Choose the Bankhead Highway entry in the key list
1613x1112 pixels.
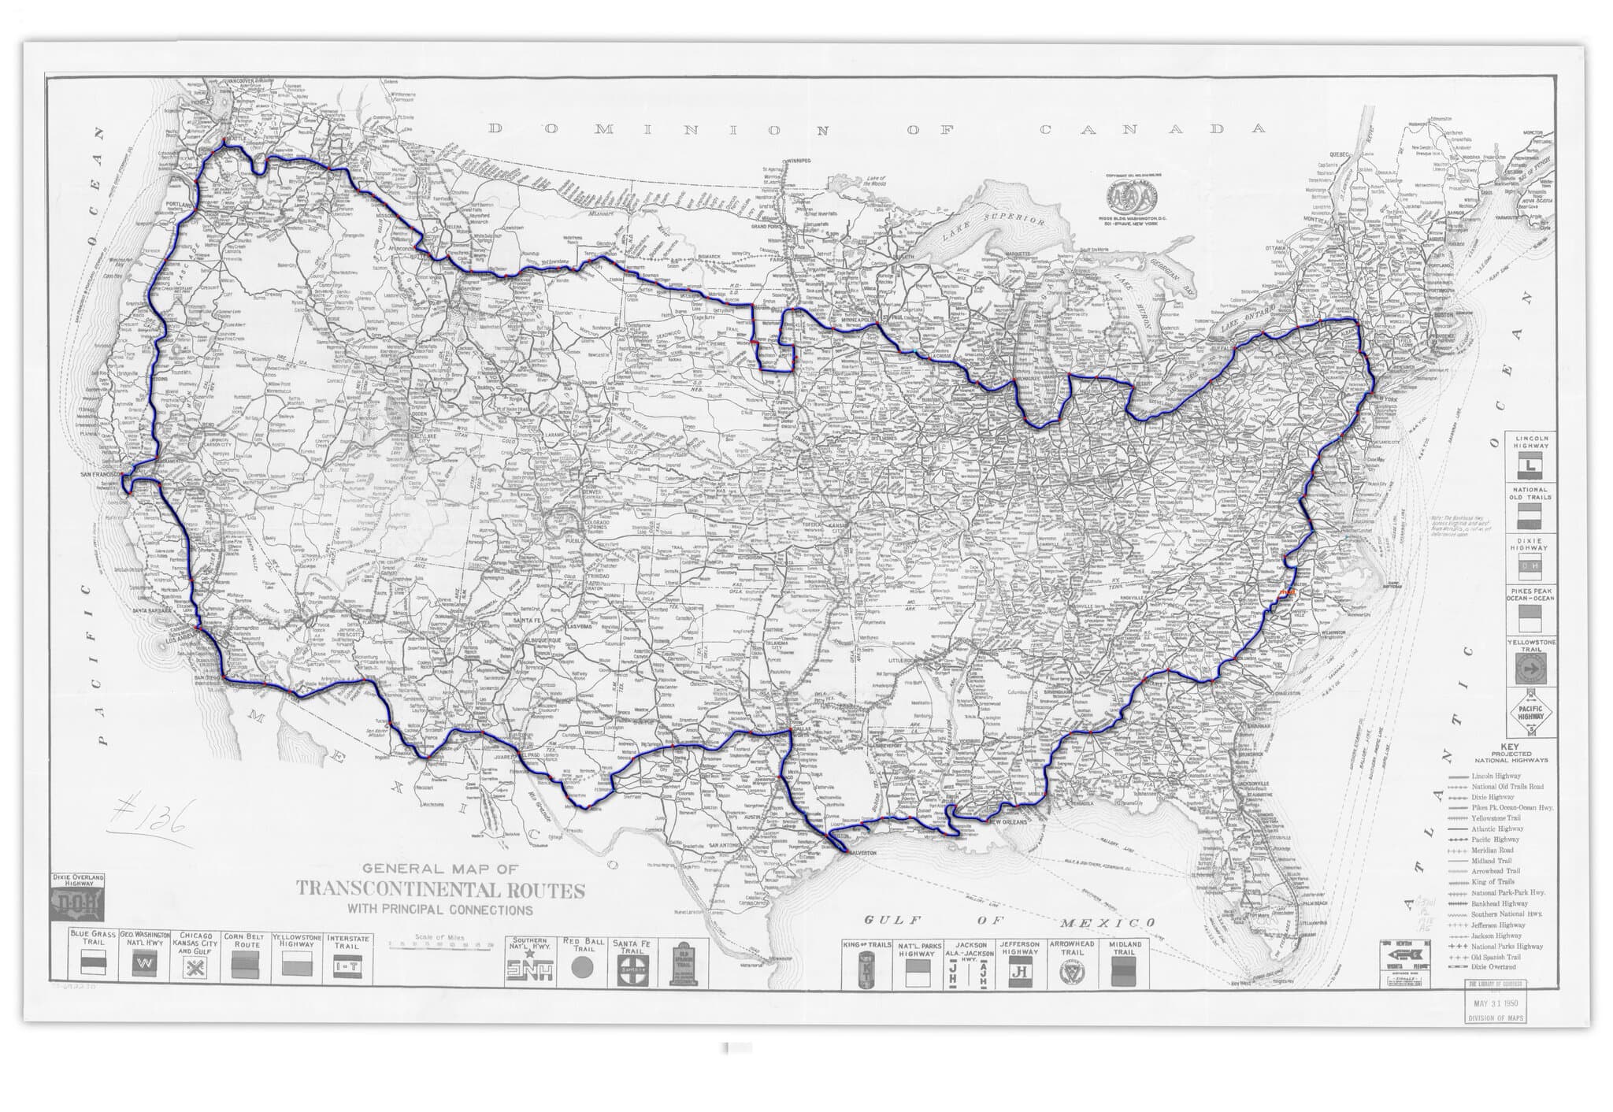point(1494,904)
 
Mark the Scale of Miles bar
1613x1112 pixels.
point(441,944)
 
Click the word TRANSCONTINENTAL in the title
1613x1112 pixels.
point(440,891)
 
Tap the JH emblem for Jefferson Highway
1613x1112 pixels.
point(1021,973)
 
